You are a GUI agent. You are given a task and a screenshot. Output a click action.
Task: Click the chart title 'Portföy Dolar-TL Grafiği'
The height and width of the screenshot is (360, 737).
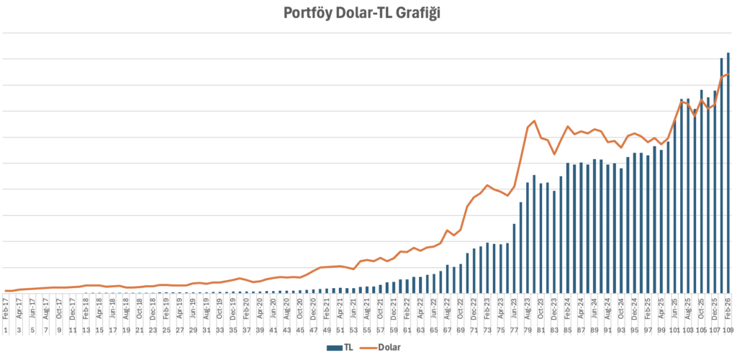tap(368, 14)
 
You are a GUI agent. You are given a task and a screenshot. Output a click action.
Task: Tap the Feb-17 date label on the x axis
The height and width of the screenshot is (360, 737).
tap(6, 311)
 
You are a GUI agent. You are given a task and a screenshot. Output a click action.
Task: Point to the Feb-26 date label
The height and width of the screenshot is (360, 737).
tap(728, 311)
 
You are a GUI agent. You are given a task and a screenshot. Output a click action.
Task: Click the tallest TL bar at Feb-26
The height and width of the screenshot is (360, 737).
tap(728, 173)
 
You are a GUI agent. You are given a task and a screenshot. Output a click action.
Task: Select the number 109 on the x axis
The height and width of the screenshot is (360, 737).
tap(728, 330)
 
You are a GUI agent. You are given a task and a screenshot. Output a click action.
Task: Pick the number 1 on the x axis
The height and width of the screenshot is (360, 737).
tap(6, 330)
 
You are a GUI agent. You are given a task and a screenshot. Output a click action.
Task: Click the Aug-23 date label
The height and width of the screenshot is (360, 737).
tap(528, 311)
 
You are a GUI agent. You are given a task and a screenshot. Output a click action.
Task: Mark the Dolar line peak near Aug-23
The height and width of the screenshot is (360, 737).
tap(534, 121)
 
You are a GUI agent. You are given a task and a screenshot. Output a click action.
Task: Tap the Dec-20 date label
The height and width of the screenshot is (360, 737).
tap(314, 311)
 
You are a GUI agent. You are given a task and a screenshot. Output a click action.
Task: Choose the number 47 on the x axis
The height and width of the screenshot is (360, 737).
tap(314, 330)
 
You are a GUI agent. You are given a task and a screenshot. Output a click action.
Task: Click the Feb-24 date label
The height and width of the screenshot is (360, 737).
tap(568, 311)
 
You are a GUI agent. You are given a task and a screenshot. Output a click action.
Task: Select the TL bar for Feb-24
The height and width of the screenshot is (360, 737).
tap(568, 228)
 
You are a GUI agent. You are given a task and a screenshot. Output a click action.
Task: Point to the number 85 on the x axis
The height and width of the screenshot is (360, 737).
tap(568, 330)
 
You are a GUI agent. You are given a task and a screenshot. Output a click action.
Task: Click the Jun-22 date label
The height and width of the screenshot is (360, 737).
tap(434, 311)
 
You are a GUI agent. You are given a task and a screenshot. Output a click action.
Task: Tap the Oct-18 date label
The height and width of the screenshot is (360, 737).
tap(140, 311)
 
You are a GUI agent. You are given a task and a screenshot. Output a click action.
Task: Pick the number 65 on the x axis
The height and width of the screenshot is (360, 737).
tap(434, 330)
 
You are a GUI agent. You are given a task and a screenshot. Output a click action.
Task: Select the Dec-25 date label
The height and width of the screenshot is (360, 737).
tap(715, 311)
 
